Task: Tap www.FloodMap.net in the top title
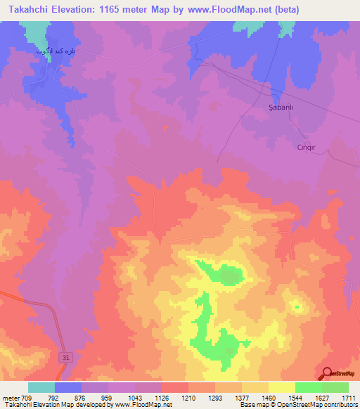point(235,10)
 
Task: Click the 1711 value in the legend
point(347,398)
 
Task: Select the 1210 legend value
point(188,398)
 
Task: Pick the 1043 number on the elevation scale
point(136,398)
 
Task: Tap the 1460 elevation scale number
point(269,398)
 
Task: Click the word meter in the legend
point(11,398)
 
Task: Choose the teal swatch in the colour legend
point(41,387)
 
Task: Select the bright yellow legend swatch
point(281,387)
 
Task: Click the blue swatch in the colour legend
point(68,387)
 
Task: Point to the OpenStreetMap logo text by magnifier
point(345,374)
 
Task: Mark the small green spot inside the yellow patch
point(297,306)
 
